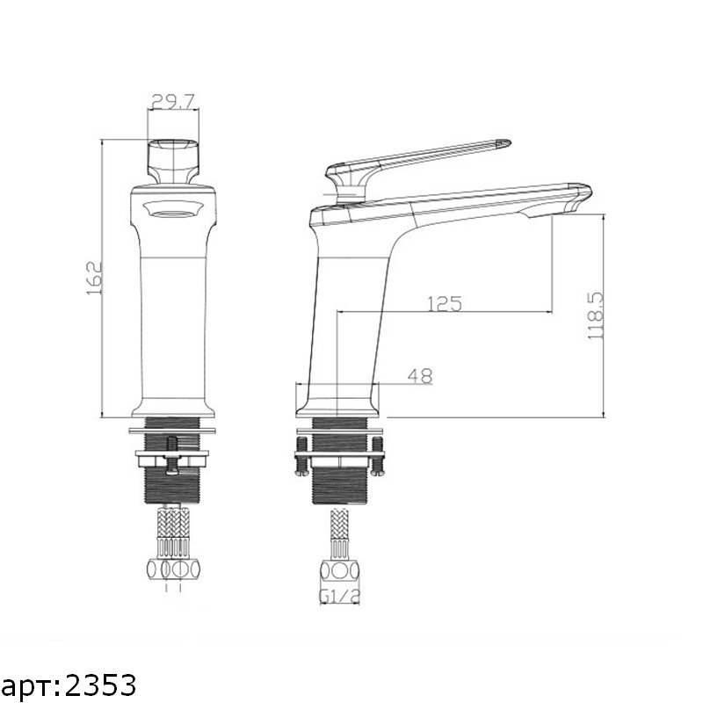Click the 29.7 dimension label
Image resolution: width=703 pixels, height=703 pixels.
pos(173,102)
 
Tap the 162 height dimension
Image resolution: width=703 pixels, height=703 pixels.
pos(94,278)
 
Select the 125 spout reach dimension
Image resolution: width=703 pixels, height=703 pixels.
pos(445,303)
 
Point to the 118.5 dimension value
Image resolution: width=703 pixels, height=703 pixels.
pos(596,316)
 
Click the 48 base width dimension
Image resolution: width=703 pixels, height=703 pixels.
pos(420,376)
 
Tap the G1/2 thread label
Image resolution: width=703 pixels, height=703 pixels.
pos(340,597)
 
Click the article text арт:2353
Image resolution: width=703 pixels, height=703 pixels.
pos(69,685)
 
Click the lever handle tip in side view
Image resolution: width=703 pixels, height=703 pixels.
pos(504,143)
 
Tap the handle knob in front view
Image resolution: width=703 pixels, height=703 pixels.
pos(173,162)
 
